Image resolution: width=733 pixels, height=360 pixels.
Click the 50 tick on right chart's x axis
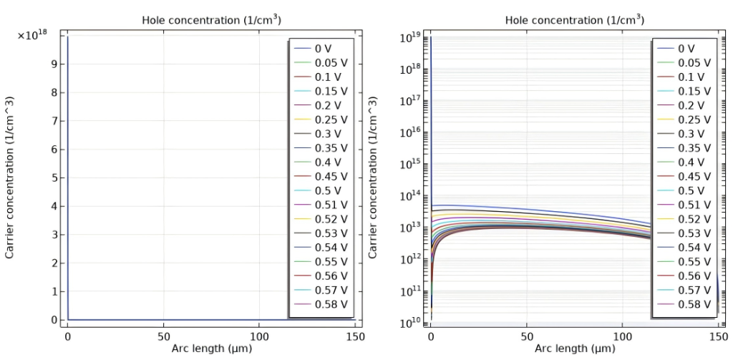click(x=527, y=336)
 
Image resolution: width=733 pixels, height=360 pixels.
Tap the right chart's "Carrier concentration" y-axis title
click(x=374, y=177)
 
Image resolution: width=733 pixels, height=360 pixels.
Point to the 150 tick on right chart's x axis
click(x=718, y=336)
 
